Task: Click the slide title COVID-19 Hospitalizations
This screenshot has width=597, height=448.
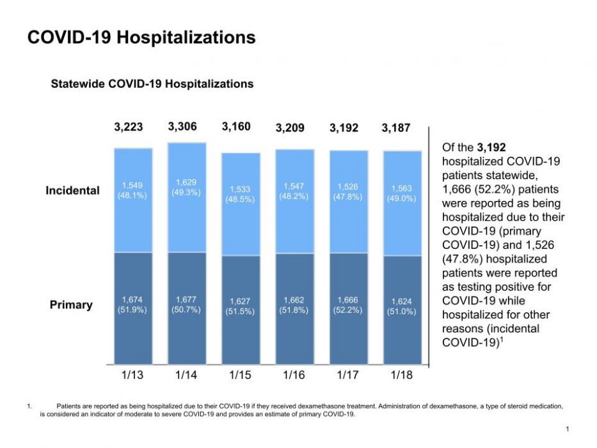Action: coord(141,38)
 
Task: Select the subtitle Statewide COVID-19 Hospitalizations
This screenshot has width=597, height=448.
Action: coord(152,84)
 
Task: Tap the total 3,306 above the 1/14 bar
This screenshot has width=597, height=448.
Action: coord(182,126)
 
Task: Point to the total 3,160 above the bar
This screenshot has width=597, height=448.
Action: coord(235,126)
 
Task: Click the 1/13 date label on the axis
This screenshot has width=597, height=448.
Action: coord(132,375)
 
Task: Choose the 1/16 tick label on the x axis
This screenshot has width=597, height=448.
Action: coord(294,375)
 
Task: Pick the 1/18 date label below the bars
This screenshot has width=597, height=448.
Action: coord(401,375)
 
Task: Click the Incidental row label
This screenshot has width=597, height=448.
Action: coord(72,191)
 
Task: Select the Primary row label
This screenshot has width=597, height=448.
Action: coord(71,305)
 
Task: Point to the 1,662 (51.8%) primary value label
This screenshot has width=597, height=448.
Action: coord(294,305)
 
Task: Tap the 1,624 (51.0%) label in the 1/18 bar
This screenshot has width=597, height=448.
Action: coord(402,307)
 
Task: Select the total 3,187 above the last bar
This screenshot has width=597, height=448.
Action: coord(395,127)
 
